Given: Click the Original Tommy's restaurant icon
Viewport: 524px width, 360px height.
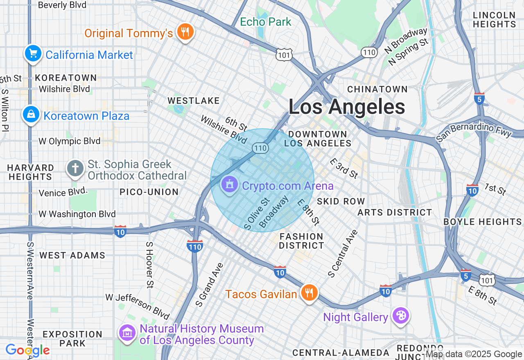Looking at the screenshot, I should (x=185, y=32).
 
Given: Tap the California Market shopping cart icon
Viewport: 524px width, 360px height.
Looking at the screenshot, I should (x=33, y=54).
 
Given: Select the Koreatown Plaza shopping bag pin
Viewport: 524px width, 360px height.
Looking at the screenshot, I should (x=31, y=115).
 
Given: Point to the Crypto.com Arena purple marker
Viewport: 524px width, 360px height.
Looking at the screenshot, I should (x=230, y=185).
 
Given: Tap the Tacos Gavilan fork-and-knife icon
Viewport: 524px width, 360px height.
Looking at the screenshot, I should (x=309, y=292).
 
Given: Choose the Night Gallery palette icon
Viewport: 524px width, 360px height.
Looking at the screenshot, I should (x=400, y=316).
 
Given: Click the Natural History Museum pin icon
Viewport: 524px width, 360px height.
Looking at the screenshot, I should (x=128, y=333).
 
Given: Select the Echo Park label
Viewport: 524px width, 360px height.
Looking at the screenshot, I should (x=266, y=22).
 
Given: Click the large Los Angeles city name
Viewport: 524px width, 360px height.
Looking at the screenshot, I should (x=347, y=107).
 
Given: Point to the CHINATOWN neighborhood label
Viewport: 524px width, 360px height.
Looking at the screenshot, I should (x=377, y=89).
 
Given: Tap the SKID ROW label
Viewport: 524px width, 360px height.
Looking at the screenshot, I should (x=341, y=201).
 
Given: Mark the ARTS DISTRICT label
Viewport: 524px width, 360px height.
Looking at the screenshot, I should (x=395, y=212).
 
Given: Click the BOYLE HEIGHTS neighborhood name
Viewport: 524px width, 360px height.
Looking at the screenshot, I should (x=483, y=222).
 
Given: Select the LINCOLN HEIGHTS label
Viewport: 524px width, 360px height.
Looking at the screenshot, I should (x=494, y=20).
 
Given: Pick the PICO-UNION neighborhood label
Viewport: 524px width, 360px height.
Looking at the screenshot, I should (x=149, y=192).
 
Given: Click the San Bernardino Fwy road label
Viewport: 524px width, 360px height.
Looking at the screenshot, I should (x=474, y=130).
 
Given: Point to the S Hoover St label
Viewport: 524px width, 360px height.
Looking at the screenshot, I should (x=149, y=264).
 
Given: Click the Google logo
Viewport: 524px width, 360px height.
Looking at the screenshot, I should (x=27, y=350).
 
